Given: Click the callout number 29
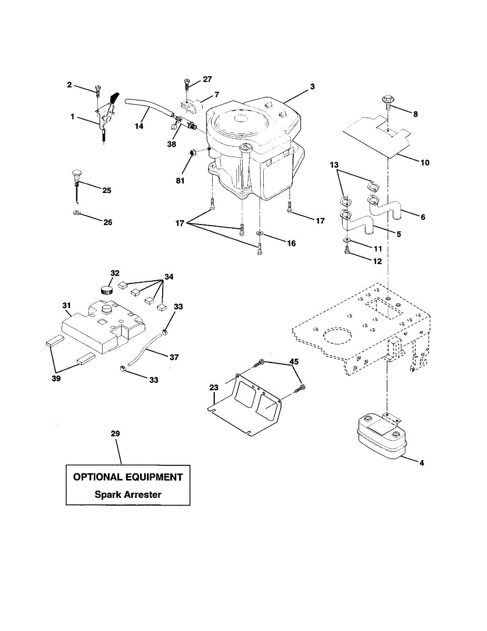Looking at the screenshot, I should pyautogui.click(x=115, y=433).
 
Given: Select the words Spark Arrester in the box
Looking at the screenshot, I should pyautogui.click(x=128, y=494).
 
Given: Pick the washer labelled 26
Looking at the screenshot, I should pyautogui.click(x=77, y=213).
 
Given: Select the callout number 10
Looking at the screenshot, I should pyautogui.click(x=425, y=163).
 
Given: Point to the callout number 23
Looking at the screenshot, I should pyautogui.click(x=213, y=388).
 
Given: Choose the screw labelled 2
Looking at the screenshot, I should pyautogui.click(x=97, y=91).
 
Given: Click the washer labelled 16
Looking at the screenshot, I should pyautogui.click(x=260, y=233).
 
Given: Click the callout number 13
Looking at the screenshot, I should pyautogui.click(x=334, y=165).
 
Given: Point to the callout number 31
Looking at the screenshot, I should pyautogui.click(x=66, y=306).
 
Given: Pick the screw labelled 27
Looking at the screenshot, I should pyautogui.click(x=186, y=83).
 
